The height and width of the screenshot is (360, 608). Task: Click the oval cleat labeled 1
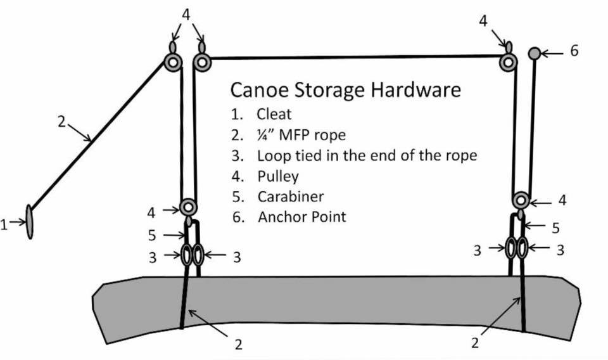30,222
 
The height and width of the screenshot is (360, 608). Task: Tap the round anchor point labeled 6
534,53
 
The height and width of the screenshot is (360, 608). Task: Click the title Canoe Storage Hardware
345,89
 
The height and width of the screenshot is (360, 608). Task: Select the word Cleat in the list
274,115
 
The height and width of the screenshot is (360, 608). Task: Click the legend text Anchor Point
302,217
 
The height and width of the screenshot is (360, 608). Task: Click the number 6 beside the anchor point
574,51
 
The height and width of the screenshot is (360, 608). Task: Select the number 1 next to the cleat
5,224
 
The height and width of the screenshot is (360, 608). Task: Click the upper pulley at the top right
507,62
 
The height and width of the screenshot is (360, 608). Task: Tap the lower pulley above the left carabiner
188,207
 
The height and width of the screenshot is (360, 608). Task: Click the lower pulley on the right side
521,201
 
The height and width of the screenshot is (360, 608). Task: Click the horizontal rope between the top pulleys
355,58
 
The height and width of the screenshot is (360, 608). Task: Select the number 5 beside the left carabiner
152,235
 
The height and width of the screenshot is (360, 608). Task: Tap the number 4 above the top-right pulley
484,22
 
